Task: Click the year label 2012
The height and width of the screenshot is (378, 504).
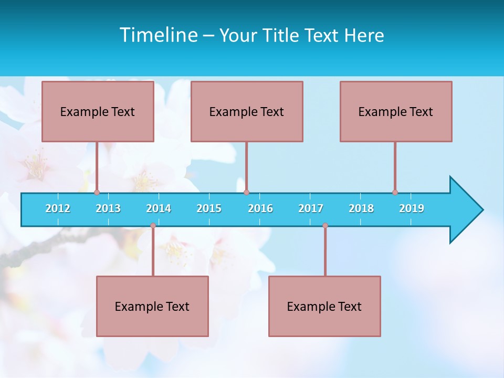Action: pyautogui.click(x=58, y=208)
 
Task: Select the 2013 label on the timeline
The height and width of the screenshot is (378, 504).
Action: pyautogui.click(x=108, y=208)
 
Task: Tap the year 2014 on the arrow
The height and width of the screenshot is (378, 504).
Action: pyautogui.click(x=159, y=208)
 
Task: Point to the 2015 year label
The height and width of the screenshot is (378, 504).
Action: pyautogui.click(x=209, y=208)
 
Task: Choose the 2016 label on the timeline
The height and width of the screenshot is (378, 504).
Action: pyautogui.click(x=260, y=208)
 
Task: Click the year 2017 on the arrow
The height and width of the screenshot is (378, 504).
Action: pyautogui.click(x=311, y=208)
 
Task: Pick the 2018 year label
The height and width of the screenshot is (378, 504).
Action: pyautogui.click(x=361, y=208)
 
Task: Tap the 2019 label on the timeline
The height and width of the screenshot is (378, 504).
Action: pyautogui.click(x=412, y=208)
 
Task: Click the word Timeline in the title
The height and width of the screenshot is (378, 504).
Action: pyautogui.click(x=157, y=35)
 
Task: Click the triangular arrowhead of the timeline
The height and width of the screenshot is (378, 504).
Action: pyautogui.click(x=465, y=210)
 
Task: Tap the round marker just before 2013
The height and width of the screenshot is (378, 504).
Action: pyautogui.click(x=97, y=192)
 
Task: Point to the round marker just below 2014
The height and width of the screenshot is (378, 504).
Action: pyautogui.click(x=153, y=226)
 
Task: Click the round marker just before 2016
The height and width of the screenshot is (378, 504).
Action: pyautogui.click(x=246, y=192)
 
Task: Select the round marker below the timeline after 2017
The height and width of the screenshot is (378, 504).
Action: pyautogui.click(x=325, y=226)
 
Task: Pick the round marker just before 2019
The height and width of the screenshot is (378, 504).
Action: pyautogui.click(x=395, y=192)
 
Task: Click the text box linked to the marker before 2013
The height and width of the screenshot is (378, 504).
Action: pyautogui.click(x=98, y=111)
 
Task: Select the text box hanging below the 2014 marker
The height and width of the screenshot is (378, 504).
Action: pyautogui.click(x=152, y=306)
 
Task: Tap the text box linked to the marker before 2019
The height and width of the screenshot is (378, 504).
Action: pyautogui.click(x=396, y=111)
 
